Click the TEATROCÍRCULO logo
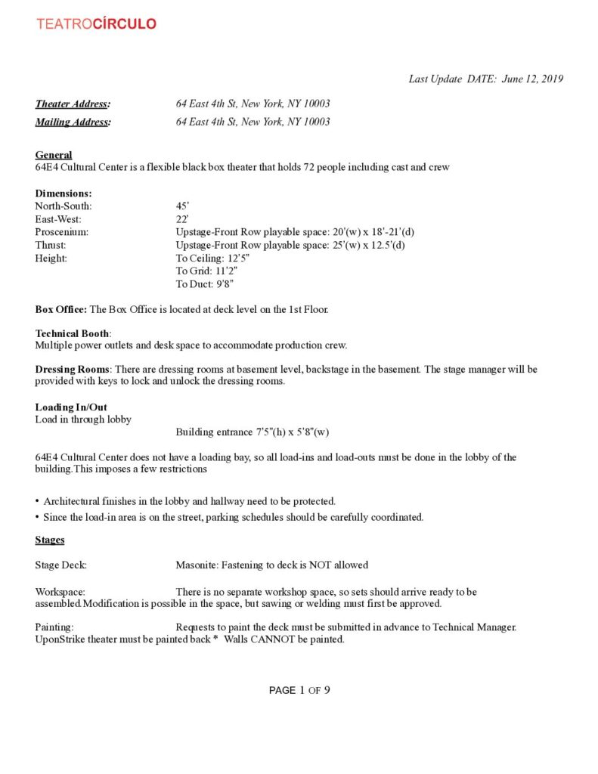(x=96, y=24)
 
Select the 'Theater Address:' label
(x=73, y=104)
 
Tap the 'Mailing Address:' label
(x=73, y=122)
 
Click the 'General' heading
(x=54, y=155)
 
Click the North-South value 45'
(x=182, y=206)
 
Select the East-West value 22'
(x=182, y=219)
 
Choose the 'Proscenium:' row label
(x=61, y=232)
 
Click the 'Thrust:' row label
(x=51, y=245)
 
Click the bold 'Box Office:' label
(x=60, y=309)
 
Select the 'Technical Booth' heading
(x=73, y=333)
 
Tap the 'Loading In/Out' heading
(x=71, y=407)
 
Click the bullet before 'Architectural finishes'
(x=38, y=501)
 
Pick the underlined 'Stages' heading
(x=50, y=540)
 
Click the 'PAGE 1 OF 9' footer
(x=299, y=690)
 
